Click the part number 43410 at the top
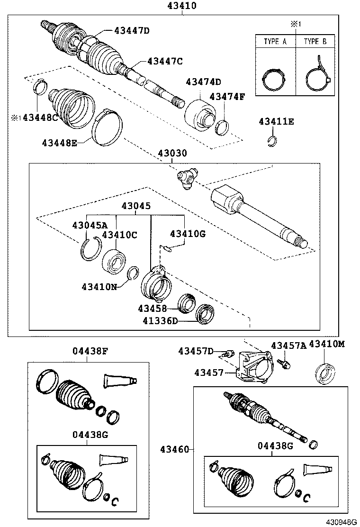tap(181, 6)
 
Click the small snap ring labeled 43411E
tap(272, 141)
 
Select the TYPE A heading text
tap(275, 42)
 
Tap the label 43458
tap(152, 308)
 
